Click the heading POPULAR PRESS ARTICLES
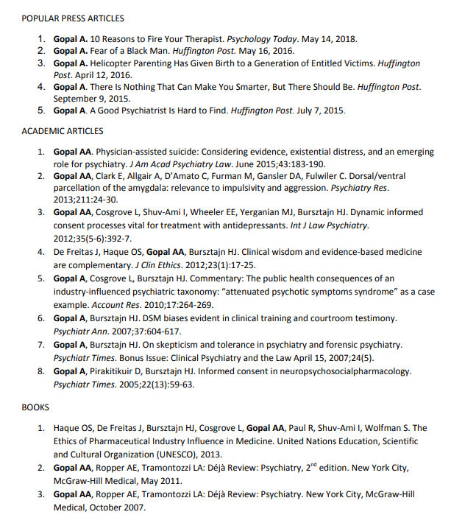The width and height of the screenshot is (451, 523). pyautogui.click(x=73, y=18)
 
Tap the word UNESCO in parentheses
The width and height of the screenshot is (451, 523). pyautogui.click(x=184, y=454)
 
